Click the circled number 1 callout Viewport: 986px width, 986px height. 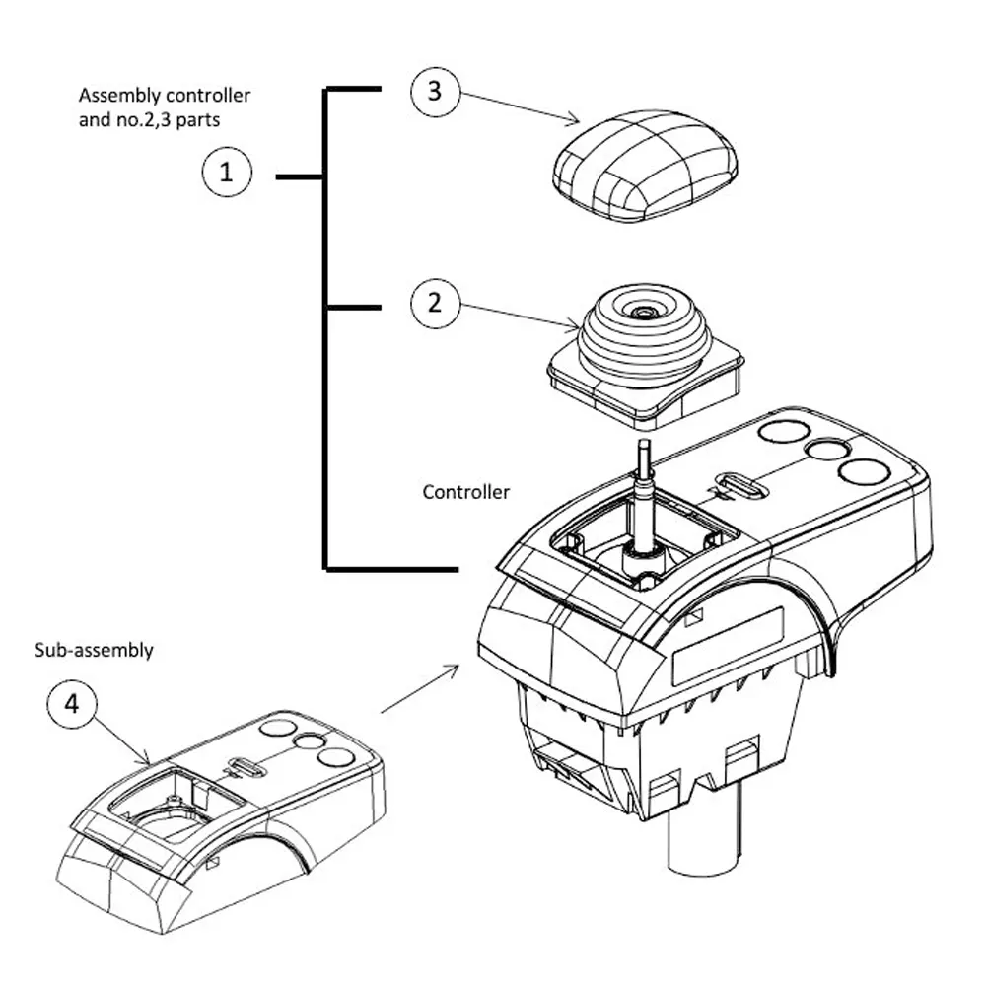pos(227,175)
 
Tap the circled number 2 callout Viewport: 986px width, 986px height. pos(435,303)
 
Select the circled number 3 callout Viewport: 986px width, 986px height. pos(435,92)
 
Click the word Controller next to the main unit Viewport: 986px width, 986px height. pos(466,491)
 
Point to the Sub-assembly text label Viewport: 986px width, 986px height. pos(95,651)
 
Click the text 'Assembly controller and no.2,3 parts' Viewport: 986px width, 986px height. pos(165,106)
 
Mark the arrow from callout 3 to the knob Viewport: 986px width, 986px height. pos(520,107)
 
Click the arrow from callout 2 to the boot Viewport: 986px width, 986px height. pos(521,315)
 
